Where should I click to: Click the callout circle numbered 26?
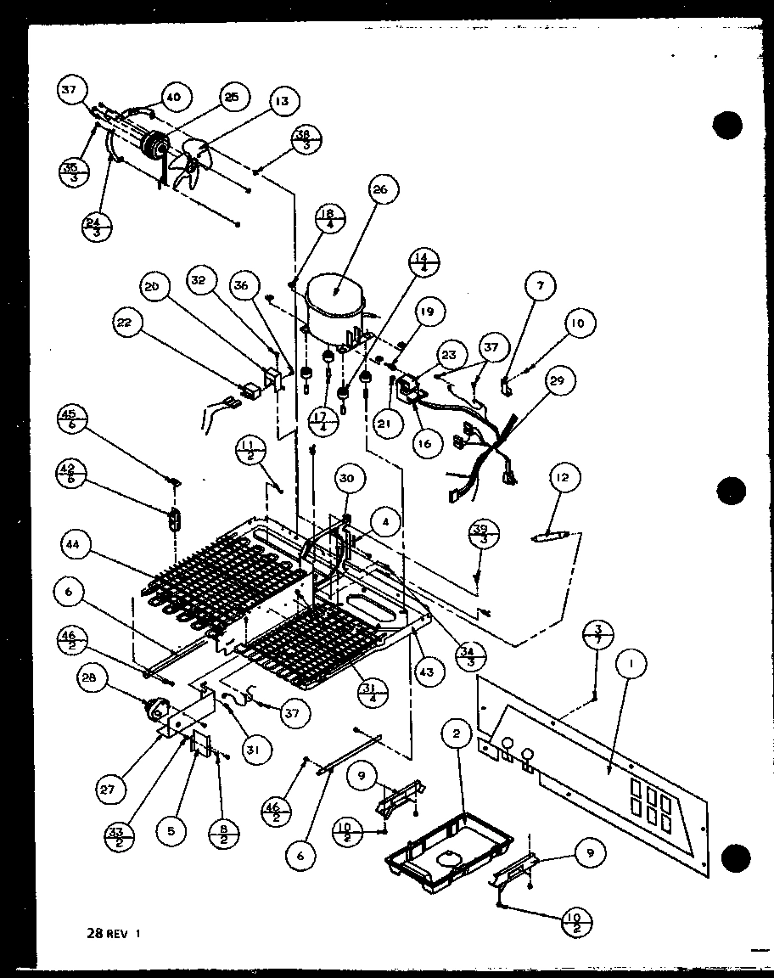point(379,190)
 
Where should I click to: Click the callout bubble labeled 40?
point(173,98)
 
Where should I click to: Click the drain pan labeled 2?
point(437,845)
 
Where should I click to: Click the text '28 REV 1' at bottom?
point(114,933)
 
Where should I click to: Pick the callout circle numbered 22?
point(126,322)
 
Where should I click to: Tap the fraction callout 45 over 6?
point(68,421)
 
